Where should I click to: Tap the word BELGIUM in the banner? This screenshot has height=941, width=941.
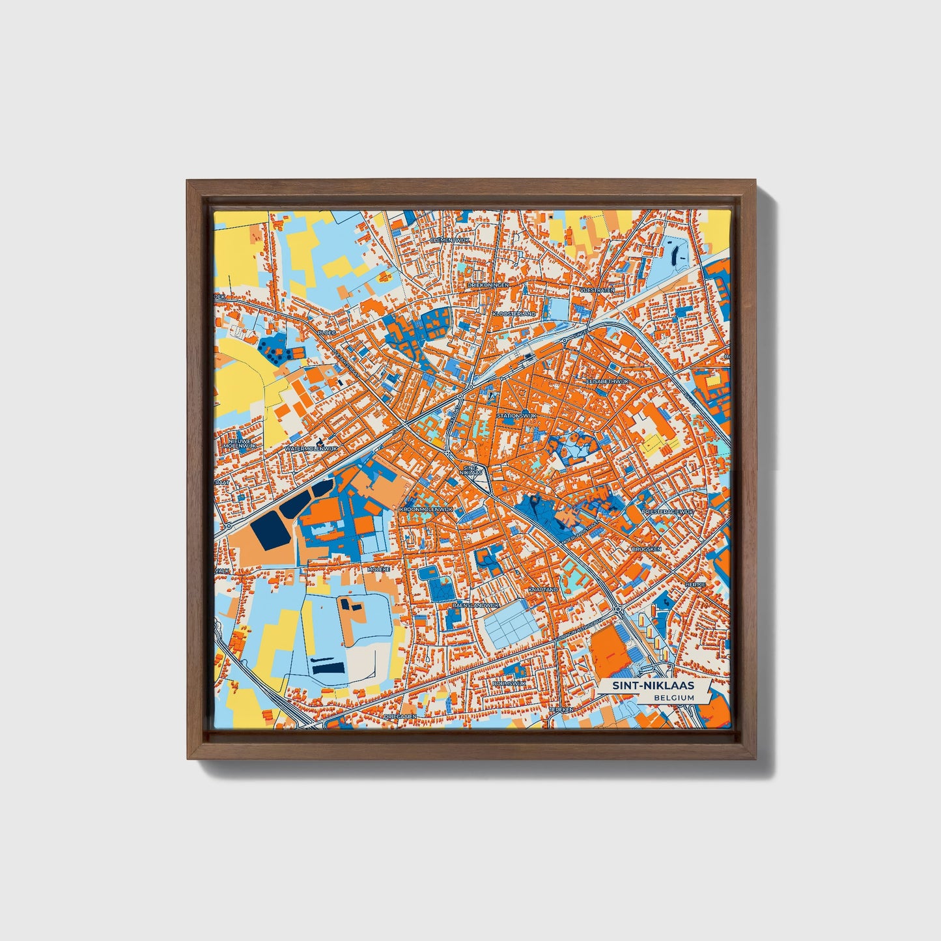pos(674,697)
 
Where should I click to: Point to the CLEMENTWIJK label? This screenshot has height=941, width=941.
pos(450,240)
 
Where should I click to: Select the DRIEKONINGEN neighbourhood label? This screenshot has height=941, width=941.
pos(488,285)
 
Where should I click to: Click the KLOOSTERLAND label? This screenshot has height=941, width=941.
pos(514,313)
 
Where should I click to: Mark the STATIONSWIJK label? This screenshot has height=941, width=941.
pos(516,415)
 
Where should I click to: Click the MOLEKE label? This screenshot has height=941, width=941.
pos(378,569)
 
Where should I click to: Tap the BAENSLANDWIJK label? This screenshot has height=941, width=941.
pos(475,605)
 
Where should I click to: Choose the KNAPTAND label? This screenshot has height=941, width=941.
pos(543,589)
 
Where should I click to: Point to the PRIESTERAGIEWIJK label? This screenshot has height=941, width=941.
pos(667,513)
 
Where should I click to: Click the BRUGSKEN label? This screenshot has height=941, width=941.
pos(646,549)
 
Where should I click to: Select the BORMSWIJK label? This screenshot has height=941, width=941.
pos(509,683)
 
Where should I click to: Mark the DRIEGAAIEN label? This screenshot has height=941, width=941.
pos(399,715)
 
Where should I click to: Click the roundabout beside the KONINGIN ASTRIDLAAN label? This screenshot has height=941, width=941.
pos(616,610)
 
